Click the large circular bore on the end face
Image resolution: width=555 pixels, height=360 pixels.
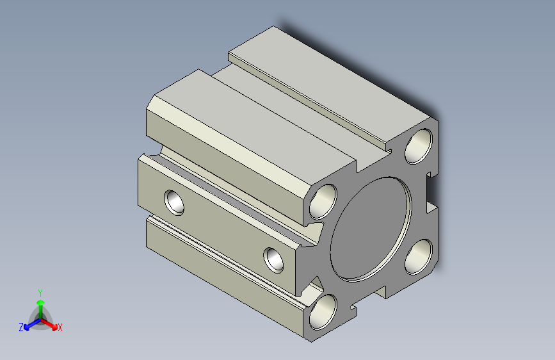(x=371, y=229)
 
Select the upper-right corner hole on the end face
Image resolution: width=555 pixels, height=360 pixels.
(x=419, y=146)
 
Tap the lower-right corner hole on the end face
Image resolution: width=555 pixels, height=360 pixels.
(x=419, y=257)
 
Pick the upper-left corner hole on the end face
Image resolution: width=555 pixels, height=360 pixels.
(x=323, y=202)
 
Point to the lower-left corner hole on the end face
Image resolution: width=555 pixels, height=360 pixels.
(x=323, y=312)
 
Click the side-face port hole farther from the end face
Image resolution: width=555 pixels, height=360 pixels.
(x=174, y=202)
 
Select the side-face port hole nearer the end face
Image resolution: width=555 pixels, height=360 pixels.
(x=273, y=260)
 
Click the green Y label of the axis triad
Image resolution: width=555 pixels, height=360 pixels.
(x=40, y=293)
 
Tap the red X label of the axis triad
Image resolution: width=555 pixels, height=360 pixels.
(x=60, y=327)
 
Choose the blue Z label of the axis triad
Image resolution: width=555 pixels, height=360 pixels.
(x=21, y=327)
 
